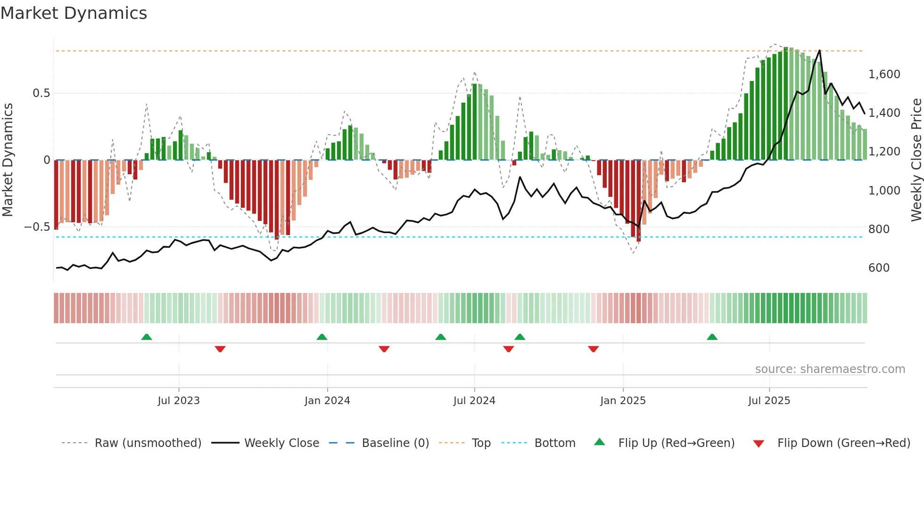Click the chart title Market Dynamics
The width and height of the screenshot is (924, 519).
tap(74, 13)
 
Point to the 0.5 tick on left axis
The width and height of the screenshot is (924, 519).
tap(41, 93)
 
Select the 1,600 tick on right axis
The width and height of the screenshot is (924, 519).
tap(884, 74)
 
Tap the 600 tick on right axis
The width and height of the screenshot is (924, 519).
tap(879, 268)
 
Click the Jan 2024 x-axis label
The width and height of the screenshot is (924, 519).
tap(327, 401)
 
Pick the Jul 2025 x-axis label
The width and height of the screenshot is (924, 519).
tap(769, 401)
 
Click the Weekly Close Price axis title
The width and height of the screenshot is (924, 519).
tap(916, 160)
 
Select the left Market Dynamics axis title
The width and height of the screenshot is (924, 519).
tap(8, 160)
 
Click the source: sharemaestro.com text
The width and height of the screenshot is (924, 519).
tap(830, 369)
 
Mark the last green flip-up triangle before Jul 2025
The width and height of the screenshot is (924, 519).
tap(712, 337)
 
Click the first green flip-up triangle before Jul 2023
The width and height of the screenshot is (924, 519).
tap(147, 337)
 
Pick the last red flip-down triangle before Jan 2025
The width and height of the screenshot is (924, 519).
tap(593, 349)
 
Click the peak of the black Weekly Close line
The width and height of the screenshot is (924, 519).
tap(819, 50)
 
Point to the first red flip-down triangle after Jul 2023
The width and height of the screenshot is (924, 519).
tap(220, 349)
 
